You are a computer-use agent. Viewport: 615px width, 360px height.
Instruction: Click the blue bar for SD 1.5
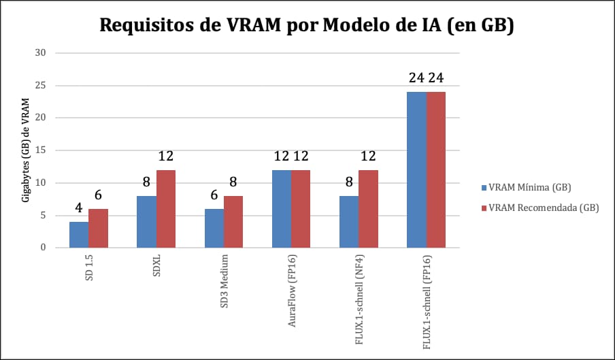tap(79, 235)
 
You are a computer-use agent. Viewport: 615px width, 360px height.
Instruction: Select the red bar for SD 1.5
tap(98, 228)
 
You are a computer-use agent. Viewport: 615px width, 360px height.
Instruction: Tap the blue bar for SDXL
tap(146, 222)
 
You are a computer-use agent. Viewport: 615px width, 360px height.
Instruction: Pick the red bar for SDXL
tap(166, 209)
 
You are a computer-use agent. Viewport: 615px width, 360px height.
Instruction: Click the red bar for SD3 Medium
tap(233, 222)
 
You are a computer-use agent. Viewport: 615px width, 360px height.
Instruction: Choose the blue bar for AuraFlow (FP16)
tap(282, 209)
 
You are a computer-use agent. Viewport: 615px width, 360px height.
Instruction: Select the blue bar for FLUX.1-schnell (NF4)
tap(349, 222)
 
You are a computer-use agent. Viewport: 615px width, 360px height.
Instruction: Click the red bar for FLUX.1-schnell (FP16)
tap(436, 169)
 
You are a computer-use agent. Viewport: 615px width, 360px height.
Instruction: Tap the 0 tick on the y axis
tap(44, 248)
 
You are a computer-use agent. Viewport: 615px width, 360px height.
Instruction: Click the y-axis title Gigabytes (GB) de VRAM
tap(25, 150)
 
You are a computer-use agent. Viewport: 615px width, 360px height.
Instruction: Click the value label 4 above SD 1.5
tap(79, 208)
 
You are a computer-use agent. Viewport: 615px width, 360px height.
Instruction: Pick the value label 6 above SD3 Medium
tap(214, 195)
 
